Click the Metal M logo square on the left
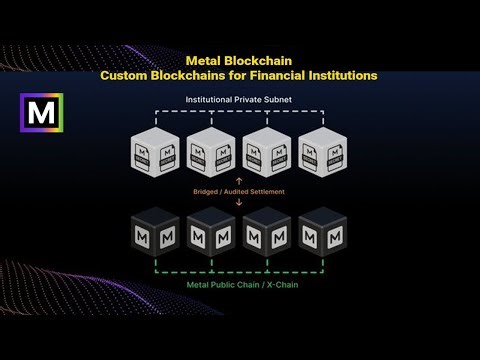(x=43, y=113)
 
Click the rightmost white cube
(x=322, y=151)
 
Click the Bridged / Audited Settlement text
(x=238, y=190)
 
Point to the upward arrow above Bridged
(x=238, y=181)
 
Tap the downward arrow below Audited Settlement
(x=238, y=200)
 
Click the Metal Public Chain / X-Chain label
(x=240, y=284)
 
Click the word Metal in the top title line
(x=205, y=61)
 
